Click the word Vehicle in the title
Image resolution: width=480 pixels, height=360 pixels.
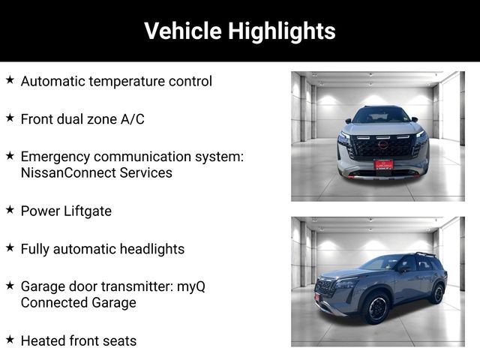point(183,31)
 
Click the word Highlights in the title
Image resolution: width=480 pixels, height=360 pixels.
point(282,31)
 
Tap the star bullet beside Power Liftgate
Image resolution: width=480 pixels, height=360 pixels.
point(10,210)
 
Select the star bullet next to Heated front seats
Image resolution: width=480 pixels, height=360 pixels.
point(10,339)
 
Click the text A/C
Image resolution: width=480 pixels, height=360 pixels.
point(132,119)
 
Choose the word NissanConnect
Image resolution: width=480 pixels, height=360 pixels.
point(68,172)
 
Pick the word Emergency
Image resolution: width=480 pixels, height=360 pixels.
point(55,157)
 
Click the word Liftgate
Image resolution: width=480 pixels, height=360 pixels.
point(87,211)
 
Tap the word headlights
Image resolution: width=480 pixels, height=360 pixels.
point(152,249)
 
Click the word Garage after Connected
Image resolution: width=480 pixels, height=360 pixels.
point(114,303)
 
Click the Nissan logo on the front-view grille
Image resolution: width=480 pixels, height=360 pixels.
point(383,145)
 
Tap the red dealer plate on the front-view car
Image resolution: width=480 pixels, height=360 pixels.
point(383,165)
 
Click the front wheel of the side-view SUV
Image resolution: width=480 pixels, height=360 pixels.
point(376,308)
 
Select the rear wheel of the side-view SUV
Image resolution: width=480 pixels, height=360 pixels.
point(438,293)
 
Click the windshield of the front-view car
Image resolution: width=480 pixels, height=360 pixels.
point(380,115)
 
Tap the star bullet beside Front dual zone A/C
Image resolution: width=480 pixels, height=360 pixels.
point(10,118)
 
